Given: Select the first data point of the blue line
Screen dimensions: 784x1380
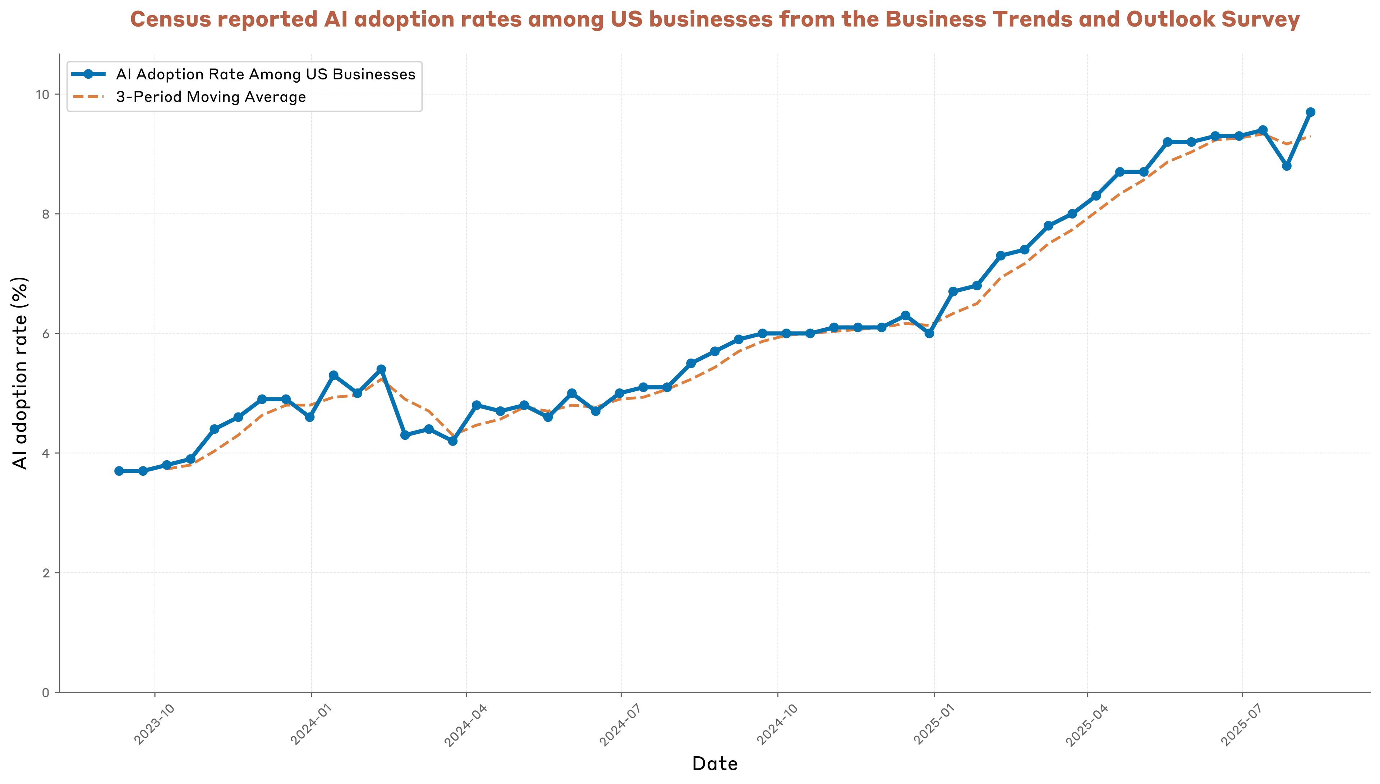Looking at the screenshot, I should (x=119, y=471).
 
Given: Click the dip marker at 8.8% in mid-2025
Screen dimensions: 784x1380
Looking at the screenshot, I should (x=1286, y=166).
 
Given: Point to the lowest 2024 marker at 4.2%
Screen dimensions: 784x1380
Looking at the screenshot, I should (x=453, y=441).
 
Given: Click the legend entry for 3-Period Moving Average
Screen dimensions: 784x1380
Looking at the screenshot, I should (x=211, y=97).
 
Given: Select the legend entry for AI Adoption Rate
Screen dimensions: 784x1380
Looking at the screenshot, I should (x=266, y=74).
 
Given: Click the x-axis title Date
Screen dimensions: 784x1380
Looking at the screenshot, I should (x=714, y=764).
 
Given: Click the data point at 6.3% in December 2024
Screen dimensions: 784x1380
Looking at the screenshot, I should (x=905, y=315).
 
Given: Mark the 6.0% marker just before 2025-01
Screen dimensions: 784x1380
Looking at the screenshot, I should (x=929, y=333).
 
